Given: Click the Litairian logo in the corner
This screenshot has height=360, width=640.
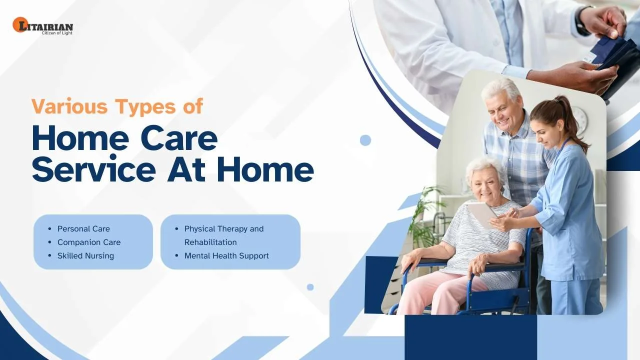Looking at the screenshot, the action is (43, 25).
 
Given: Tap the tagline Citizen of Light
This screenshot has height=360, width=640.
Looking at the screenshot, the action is (57, 33).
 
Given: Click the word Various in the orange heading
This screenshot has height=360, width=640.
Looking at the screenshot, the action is (69, 106).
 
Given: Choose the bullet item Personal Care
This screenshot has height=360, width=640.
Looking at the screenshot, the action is (83, 229).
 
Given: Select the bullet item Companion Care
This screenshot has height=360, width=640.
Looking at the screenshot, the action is (89, 242).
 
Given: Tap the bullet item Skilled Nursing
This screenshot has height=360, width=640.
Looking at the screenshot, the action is (85, 255).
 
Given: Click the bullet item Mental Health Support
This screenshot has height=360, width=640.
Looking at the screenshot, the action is (226, 255).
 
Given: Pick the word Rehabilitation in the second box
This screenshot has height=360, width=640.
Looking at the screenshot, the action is (210, 242).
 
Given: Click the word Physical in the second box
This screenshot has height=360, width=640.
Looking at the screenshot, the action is (199, 229).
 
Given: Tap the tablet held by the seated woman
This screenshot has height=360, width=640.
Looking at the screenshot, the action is (481, 214).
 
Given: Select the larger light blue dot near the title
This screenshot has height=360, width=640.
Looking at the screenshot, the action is (365, 140).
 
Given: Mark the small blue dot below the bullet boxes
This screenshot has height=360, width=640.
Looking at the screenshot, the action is (310, 287).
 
